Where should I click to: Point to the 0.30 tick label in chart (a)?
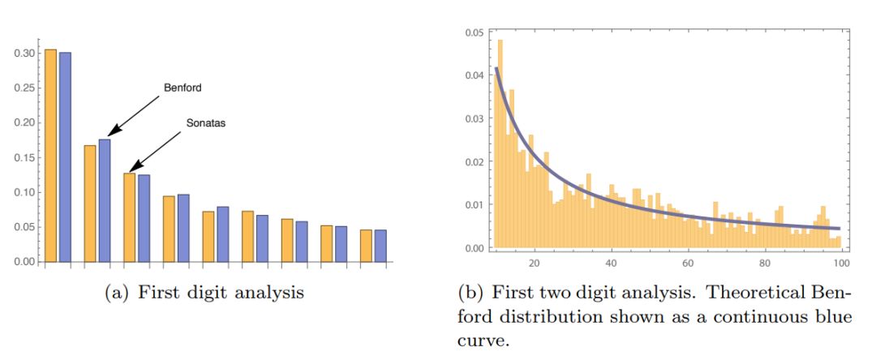(x=24, y=53)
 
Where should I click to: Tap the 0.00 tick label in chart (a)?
(x=24, y=262)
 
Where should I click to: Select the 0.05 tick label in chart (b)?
(x=474, y=32)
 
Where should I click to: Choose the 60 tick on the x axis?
(x=688, y=264)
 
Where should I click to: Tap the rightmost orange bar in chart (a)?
(x=366, y=246)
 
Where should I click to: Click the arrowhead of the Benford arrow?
(x=111, y=133)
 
